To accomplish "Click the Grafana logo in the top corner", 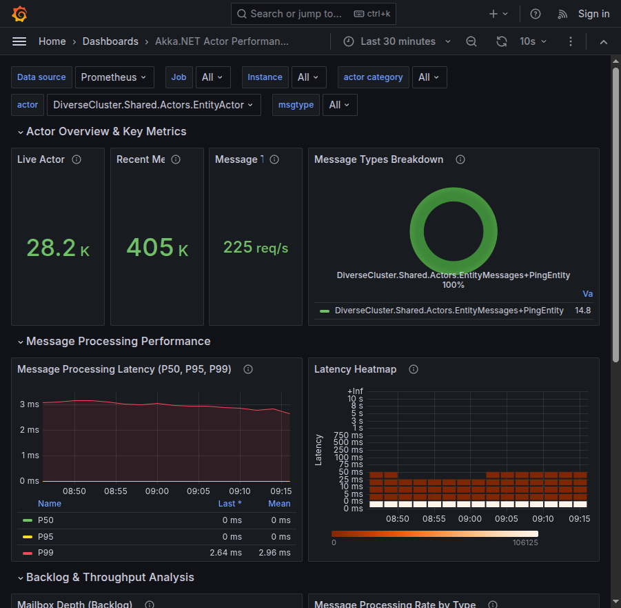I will click(19, 14).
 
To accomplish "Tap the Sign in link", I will click(593, 14).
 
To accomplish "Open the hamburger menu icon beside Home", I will click(19, 41).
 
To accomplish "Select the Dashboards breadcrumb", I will click(110, 41).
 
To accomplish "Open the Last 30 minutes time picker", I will click(397, 41).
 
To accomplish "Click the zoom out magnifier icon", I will click(471, 41).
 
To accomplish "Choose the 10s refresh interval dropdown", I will click(533, 41).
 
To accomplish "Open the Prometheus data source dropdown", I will click(114, 77).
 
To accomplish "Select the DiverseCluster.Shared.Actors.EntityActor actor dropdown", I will click(154, 105).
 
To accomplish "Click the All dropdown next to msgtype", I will click(339, 105).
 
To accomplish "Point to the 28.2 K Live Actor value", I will click(58, 248).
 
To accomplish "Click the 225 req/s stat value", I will click(256, 247).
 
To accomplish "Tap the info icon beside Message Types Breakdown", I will click(460, 159).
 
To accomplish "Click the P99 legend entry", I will click(45, 553).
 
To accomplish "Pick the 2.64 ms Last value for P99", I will click(225, 553).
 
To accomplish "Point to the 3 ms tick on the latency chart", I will click(29, 404).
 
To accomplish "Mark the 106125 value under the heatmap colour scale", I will click(525, 542).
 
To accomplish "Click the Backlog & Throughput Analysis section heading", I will click(110, 578).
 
